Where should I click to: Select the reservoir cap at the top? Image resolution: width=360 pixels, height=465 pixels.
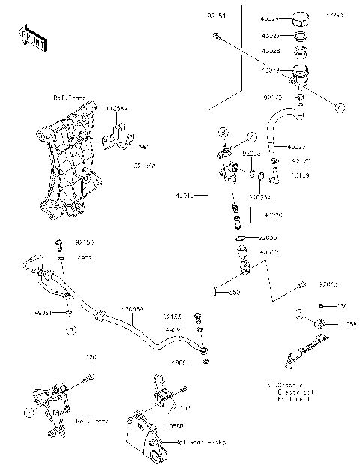pos(301,18)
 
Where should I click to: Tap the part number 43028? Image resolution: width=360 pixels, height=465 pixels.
pos(270,51)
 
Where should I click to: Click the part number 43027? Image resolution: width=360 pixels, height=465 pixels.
pos(270,34)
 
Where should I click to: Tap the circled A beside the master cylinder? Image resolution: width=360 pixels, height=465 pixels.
pos(252,136)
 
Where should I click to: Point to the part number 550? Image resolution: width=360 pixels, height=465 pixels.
pos(235,290)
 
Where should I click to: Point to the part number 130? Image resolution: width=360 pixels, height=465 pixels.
pos(343,306)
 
